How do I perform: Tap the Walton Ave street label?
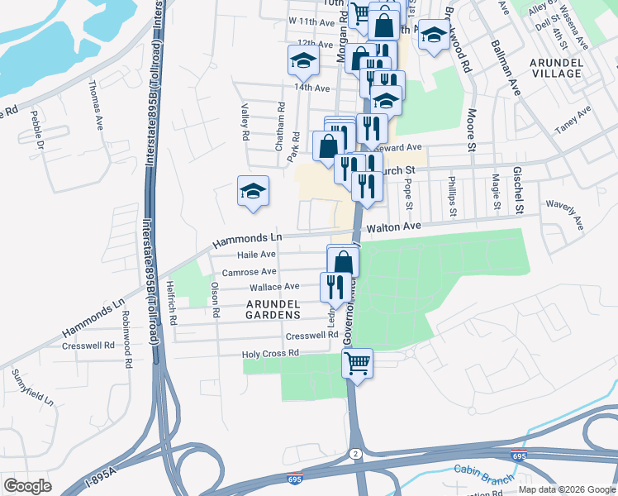click(x=394, y=226)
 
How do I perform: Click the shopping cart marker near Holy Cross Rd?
click(x=357, y=364)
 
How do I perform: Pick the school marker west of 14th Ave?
click(x=303, y=60)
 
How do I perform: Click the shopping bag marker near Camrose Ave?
click(x=343, y=262)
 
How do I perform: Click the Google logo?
click(x=28, y=486)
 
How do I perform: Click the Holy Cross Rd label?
click(x=269, y=354)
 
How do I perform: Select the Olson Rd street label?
click(x=215, y=300)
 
